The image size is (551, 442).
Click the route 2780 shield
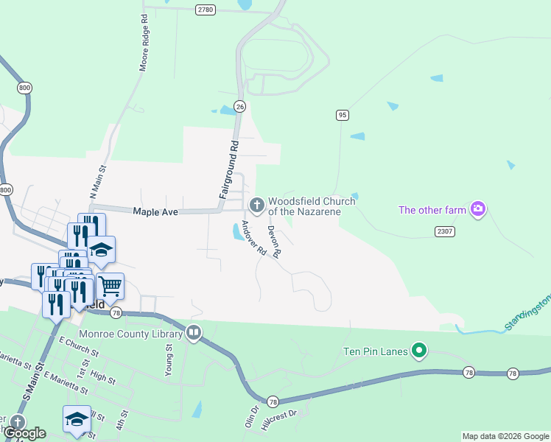206,10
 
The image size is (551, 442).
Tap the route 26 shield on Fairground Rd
239,106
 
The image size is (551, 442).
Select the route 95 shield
342,115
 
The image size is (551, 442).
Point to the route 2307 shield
444,231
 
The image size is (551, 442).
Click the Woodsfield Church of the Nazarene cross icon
257,204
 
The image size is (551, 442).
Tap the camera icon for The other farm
478,210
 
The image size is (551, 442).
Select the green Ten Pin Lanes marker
419,351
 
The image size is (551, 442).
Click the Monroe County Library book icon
194,332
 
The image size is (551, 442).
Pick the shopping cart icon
110,285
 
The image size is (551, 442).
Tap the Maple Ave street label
155,212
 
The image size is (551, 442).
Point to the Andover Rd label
253,238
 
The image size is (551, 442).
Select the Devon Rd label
273,241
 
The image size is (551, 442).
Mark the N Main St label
98,181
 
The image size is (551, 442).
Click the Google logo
24,433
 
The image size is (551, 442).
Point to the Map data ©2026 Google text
505,436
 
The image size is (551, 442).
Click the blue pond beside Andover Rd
238,233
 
